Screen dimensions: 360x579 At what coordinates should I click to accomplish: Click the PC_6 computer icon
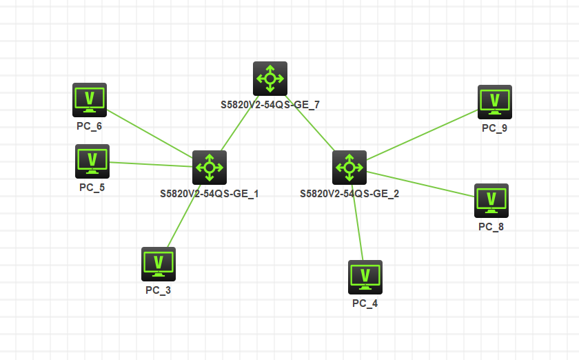pos(90,100)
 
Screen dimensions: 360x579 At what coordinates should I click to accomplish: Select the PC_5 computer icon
pos(92,161)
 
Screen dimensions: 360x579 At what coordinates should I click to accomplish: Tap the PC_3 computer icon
pos(159,263)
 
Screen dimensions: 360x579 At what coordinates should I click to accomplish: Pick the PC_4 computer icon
pos(365,277)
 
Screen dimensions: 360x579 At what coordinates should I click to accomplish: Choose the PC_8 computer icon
pos(491,200)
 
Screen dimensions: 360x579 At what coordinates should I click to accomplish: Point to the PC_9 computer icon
pos(495,101)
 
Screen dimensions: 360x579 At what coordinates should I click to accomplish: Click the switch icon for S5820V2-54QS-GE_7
pos(270,78)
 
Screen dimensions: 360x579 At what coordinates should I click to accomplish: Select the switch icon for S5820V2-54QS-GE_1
pos(210,167)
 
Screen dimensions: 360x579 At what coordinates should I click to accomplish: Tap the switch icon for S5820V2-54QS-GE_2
pos(349,167)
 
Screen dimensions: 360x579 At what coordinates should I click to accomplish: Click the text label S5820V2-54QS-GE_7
pos(270,105)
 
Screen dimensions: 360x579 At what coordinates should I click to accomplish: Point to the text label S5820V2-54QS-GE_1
pos(209,194)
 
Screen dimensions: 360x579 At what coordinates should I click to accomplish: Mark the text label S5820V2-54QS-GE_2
pos(349,194)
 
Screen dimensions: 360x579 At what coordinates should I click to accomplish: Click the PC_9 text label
pos(494,128)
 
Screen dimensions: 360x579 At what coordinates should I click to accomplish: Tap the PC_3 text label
pos(158,290)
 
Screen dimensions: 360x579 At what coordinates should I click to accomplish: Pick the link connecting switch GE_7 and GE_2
pos(310,123)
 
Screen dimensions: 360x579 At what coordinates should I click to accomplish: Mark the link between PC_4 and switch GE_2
pos(358,222)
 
